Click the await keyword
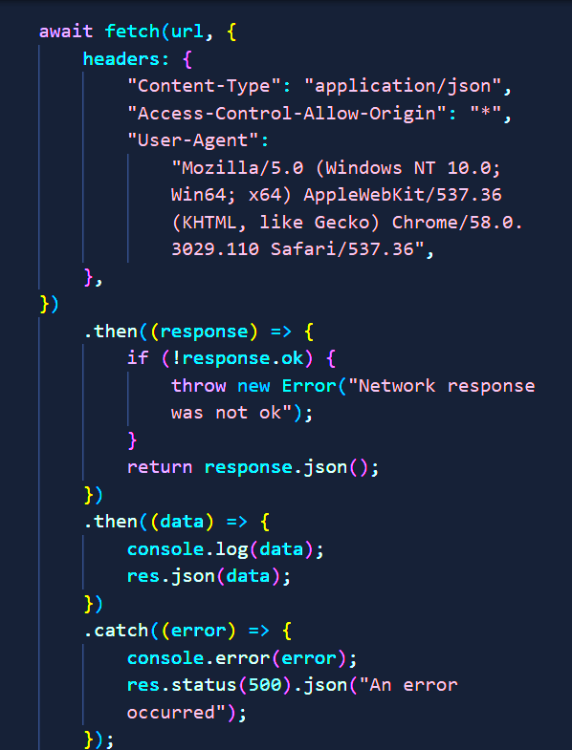click(66, 32)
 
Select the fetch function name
click(132, 32)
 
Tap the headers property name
click(121, 59)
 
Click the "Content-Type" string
click(204, 87)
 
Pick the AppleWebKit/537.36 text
click(403, 195)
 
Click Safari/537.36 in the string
click(342, 249)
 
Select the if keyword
click(138, 357)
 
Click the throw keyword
click(199, 386)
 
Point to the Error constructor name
click(309, 386)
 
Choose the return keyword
click(160, 467)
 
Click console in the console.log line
click(165, 549)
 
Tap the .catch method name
click(117, 631)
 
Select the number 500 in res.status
click(265, 685)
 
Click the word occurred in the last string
click(171, 713)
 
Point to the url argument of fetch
click(187, 32)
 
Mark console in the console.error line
click(165, 658)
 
